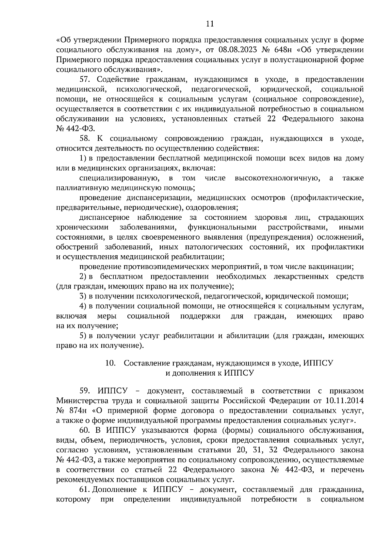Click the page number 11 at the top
[210, 24]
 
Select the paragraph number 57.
[86, 79]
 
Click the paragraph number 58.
[86, 139]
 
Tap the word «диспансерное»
[104, 218]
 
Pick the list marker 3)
[83, 296]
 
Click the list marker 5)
[83, 336]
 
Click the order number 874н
[78, 411]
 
